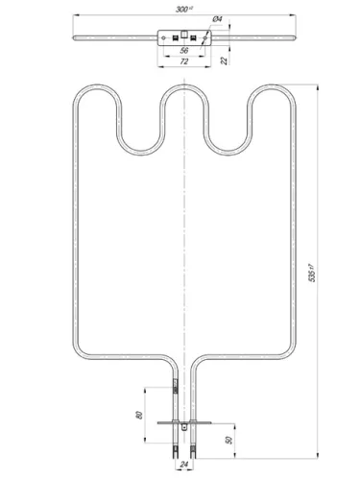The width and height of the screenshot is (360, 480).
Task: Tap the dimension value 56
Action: pyautogui.click(x=182, y=51)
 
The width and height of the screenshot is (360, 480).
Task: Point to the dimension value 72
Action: pyautogui.click(x=182, y=61)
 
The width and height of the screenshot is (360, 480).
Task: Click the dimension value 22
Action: pyautogui.click(x=225, y=60)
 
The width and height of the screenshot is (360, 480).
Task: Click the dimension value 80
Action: pyautogui.click(x=139, y=414)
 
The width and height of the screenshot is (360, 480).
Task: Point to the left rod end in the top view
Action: pyautogui.click(x=74, y=36)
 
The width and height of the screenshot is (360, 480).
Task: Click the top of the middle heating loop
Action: pyautogui.click(x=182, y=85)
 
